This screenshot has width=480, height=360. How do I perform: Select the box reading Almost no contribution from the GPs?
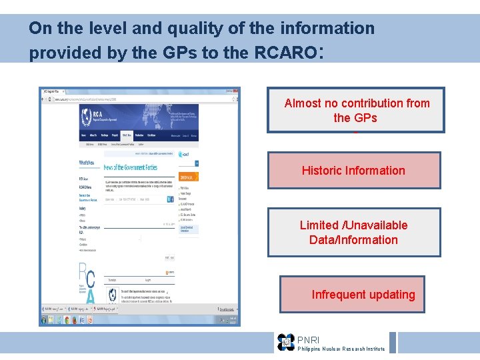click(356, 110)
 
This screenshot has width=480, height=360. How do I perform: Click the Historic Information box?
click(354, 171)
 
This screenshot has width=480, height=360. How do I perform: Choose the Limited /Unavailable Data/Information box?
click(354, 233)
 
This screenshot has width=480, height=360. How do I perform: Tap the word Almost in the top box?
click(303, 103)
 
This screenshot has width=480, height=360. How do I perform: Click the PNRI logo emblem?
click(286, 342)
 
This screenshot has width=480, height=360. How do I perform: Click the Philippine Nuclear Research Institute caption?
click(341, 349)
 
